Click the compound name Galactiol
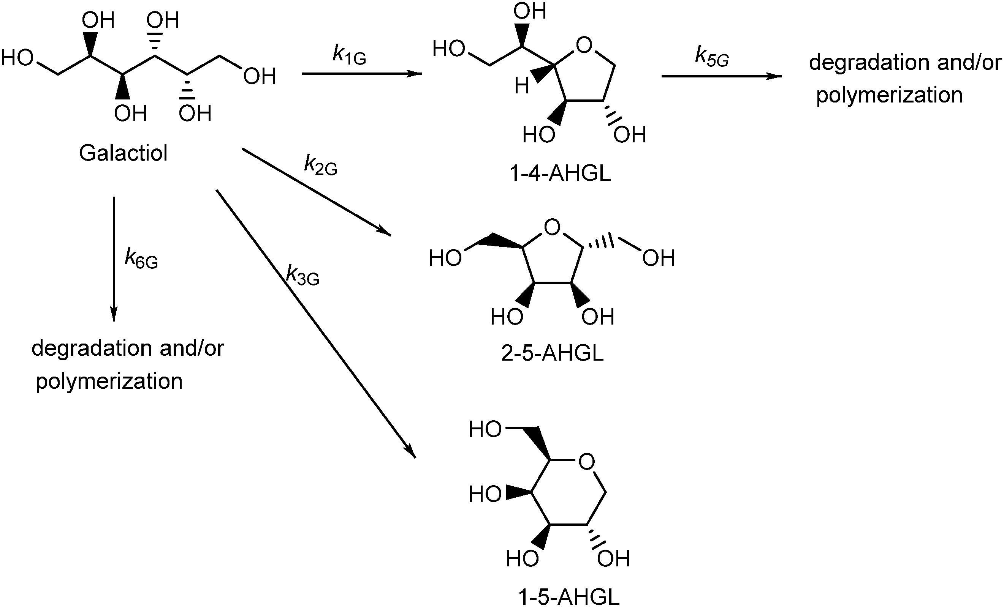point(123,153)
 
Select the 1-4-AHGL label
point(560,173)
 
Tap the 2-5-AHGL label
point(552,353)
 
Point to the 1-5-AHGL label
point(569,597)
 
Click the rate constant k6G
point(141,259)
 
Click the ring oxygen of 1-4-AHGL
point(584,46)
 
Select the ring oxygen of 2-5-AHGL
point(552,227)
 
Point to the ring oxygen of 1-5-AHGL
point(586,462)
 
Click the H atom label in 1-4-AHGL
point(521,86)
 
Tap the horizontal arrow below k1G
point(361,74)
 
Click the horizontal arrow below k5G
point(721,76)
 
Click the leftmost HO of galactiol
point(17,58)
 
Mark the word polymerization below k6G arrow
point(109,382)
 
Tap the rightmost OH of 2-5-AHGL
point(659,258)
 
